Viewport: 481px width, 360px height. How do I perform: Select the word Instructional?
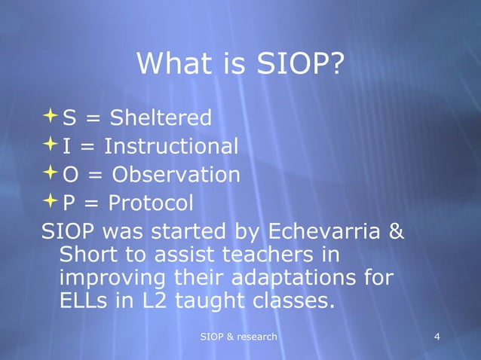(171, 146)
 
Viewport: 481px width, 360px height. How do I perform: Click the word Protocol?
(151, 203)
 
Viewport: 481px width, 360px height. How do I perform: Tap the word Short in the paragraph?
(87, 255)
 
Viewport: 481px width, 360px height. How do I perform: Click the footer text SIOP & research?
(238, 335)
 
